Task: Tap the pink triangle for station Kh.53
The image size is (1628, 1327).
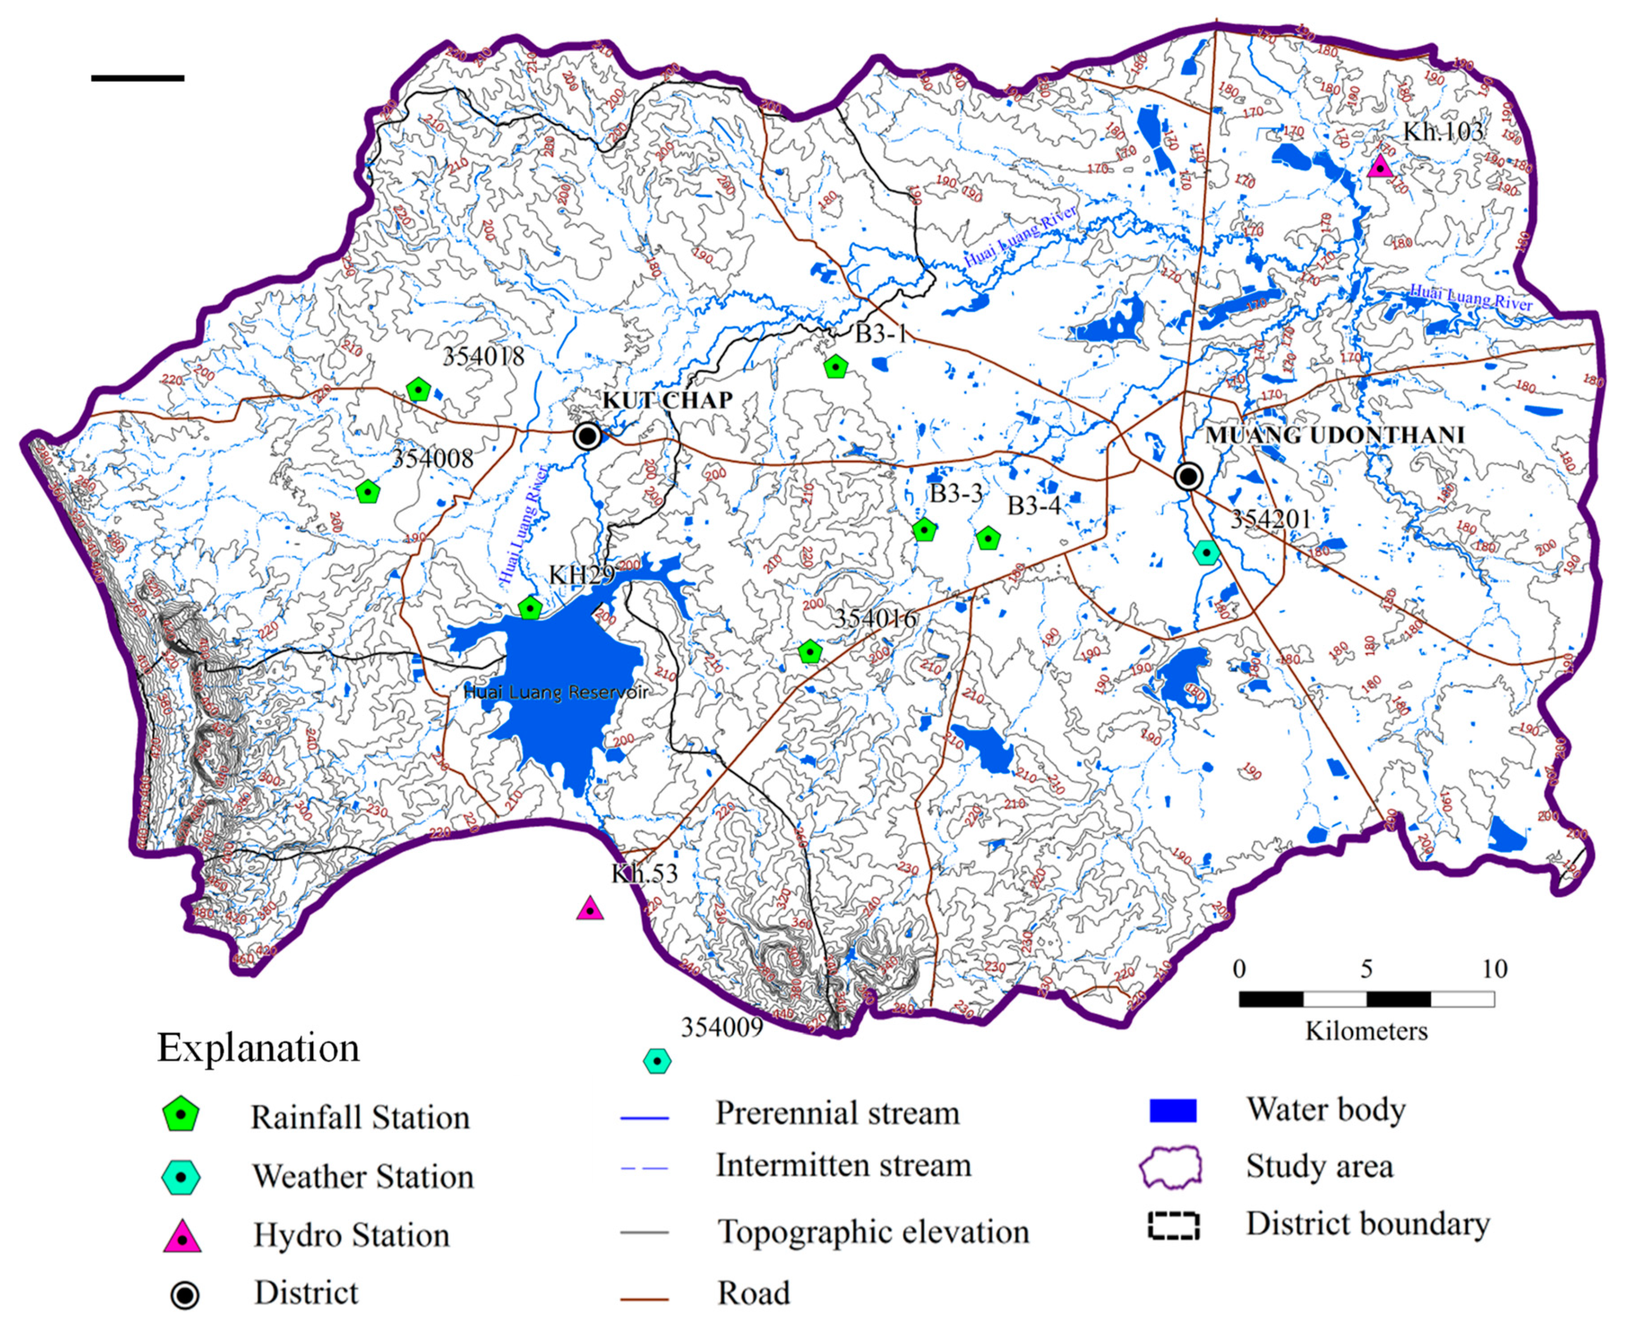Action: click(589, 910)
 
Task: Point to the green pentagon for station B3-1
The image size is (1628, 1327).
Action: click(836, 368)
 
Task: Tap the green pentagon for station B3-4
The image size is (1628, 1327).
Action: click(988, 539)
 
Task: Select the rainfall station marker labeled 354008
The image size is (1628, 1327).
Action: click(368, 492)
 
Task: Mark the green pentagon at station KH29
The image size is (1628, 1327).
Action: click(529, 609)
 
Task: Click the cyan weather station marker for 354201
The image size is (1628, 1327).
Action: click(1206, 552)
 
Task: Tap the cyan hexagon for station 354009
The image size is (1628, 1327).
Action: click(657, 1061)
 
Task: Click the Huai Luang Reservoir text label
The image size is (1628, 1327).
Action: click(556, 692)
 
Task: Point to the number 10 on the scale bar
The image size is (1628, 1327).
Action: click(1494, 969)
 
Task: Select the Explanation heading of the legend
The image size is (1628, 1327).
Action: click(258, 1048)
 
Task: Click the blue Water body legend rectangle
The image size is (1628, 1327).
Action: click(1173, 1111)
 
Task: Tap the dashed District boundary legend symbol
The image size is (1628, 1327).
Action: click(1173, 1226)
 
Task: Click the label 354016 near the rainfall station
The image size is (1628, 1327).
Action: click(875, 618)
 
